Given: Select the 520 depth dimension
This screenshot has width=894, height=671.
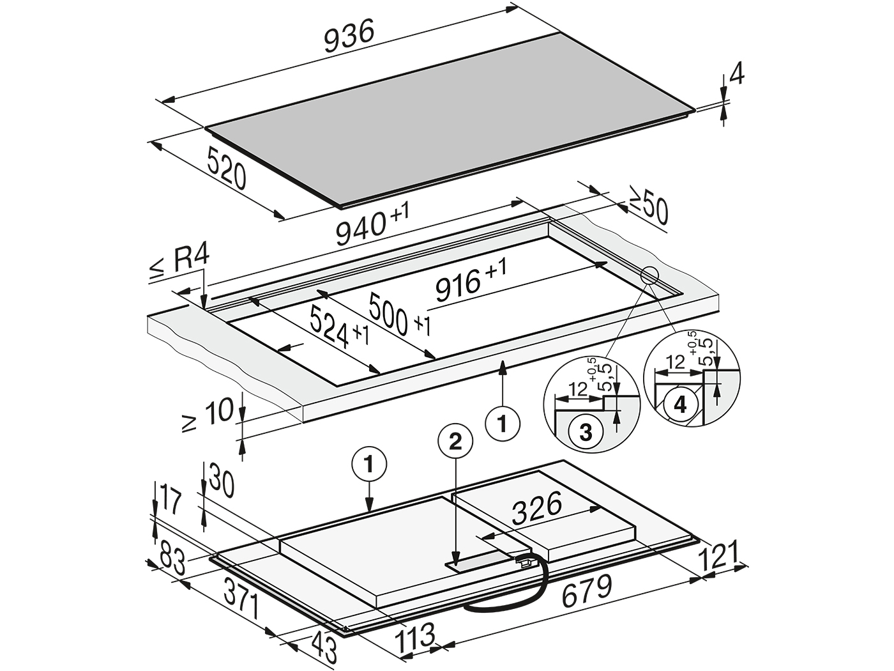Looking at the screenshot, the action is pos(227,168).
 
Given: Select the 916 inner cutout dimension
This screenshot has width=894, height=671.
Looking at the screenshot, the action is pos(471,278).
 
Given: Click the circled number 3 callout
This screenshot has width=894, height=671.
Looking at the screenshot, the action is pos(586,433).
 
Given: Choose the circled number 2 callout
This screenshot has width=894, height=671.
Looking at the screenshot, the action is pos(455,442).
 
